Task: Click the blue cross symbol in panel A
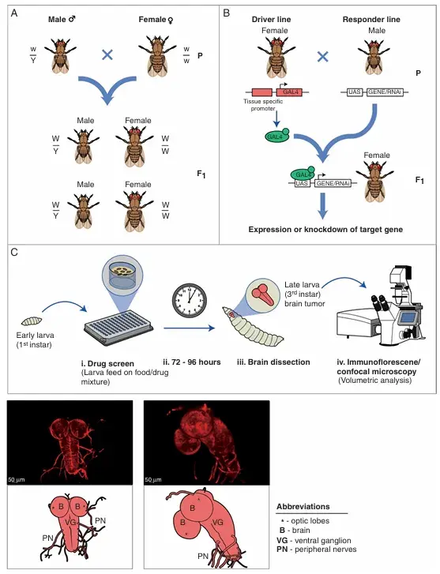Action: [107, 55]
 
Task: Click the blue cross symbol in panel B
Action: [323, 56]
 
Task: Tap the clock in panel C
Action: [190, 299]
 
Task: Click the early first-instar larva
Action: [32, 321]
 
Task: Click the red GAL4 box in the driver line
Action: [291, 92]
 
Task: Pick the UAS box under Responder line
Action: [355, 92]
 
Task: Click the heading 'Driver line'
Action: [271, 20]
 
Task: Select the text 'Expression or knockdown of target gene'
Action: [325, 230]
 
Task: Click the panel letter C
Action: [14, 252]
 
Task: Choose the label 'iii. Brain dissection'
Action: [273, 362]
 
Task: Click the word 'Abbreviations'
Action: [303, 507]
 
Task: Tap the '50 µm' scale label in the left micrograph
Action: [16, 479]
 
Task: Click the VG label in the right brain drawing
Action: [217, 523]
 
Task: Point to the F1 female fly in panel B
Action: [376, 181]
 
